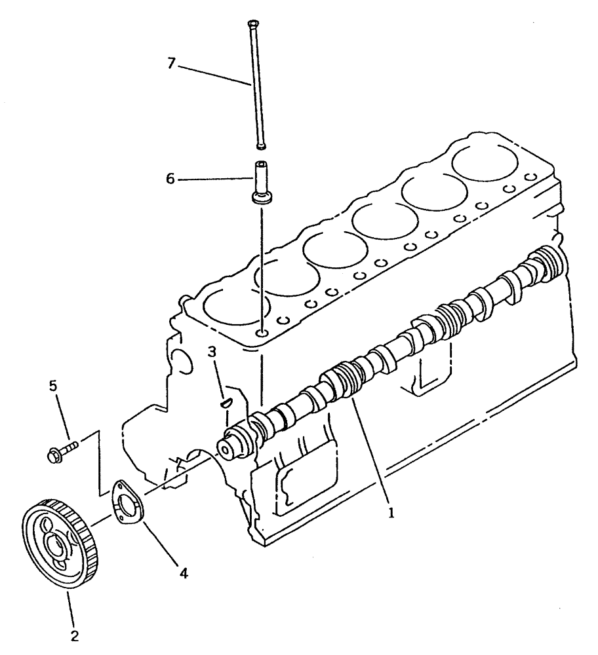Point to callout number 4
click(184, 573)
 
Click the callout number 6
click(170, 178)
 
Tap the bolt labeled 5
click(62, 450)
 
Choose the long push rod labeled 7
click(256, 85)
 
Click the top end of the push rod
click(252, 26)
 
